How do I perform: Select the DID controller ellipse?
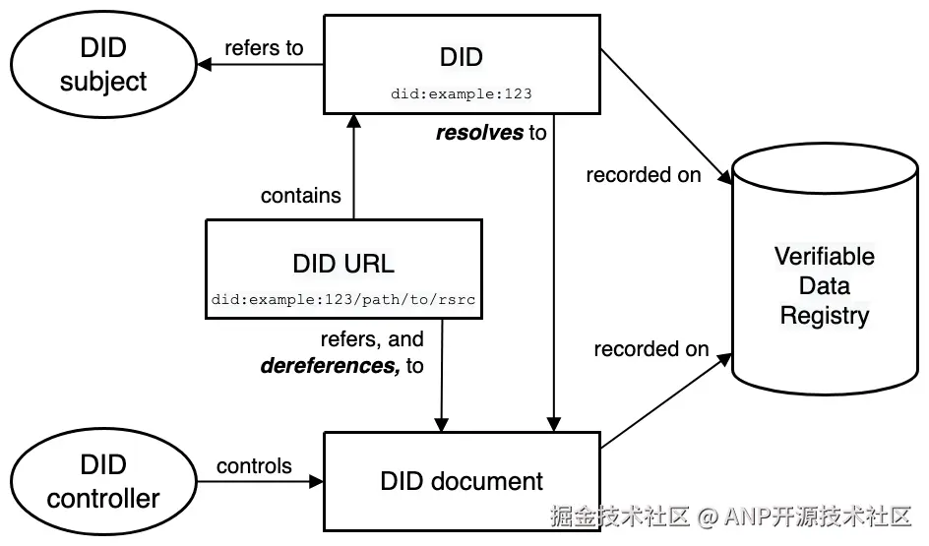click(x=102, y=481)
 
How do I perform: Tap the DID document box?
click(x=462, y=481)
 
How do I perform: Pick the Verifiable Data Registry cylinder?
click(x=825, y=285)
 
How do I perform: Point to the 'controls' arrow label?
click(x=254, y=465)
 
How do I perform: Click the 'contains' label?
click(x=301, y=196)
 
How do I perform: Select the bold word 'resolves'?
click(x=480, y=132)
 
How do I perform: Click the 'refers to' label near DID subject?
click(x=264, y=47)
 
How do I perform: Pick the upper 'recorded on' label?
click(x=644, y=175)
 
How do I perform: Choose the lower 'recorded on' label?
click(x=651, y=348)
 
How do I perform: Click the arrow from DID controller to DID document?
click(x=258, y=481)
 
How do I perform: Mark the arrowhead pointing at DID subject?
click(x=204, y=65)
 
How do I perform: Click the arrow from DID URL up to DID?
click(x=354, y=167)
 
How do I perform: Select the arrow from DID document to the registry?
click(x=665, y=403)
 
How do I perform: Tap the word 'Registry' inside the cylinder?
click(x=825, y=316)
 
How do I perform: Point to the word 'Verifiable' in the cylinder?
click(x=825, y=256)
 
